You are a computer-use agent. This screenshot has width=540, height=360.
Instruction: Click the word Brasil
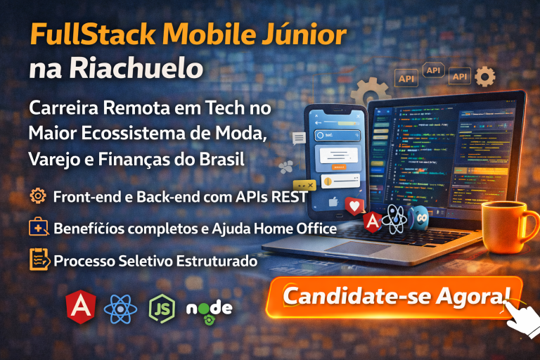[219, 159]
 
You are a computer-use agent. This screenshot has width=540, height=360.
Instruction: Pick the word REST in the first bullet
[290, 197]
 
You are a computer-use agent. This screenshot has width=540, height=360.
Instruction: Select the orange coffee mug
[506, 226]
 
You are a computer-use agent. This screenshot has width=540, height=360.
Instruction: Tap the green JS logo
[162, 307]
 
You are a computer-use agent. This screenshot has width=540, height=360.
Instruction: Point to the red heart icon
[354, 205]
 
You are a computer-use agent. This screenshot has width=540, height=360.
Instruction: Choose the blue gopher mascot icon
[420, 217]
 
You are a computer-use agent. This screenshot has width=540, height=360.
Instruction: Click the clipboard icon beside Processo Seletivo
[39, 259]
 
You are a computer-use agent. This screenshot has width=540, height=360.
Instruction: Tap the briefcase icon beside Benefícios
[39, 228]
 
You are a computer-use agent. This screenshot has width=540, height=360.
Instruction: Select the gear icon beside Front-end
[38, 196]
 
